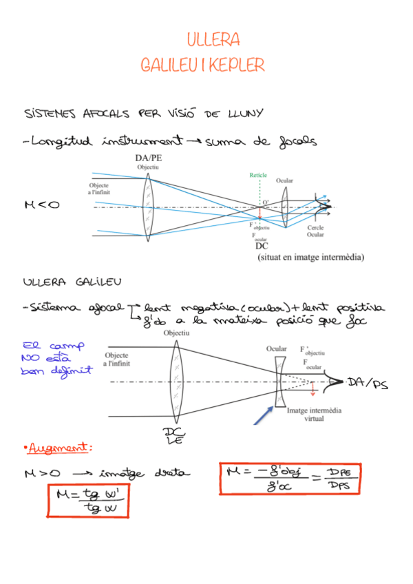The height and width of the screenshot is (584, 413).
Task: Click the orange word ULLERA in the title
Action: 213,39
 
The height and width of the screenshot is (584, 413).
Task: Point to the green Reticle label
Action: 258,175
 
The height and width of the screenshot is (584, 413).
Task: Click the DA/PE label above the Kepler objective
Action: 149,159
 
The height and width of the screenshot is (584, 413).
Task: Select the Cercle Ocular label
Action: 316,231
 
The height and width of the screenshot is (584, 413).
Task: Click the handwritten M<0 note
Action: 41,204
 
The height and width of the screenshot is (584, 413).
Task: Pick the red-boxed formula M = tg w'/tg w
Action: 87,501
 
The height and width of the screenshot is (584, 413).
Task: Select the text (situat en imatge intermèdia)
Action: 310,258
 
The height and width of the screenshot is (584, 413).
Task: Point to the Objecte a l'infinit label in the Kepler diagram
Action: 104,189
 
